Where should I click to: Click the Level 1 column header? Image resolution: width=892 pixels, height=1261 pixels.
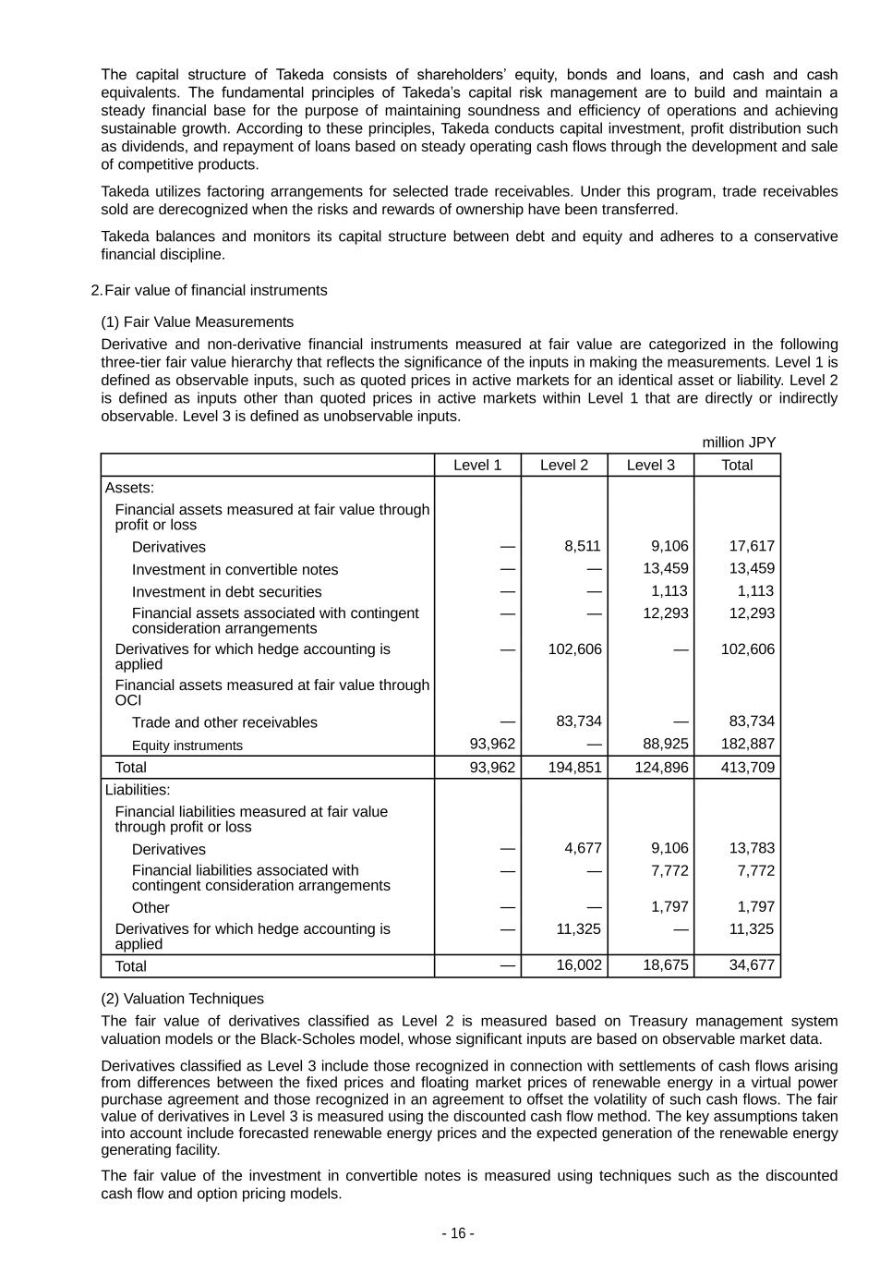(477, 465)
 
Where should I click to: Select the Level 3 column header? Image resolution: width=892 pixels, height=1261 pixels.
(650, 465)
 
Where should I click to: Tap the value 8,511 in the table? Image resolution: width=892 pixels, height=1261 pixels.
(582, 546)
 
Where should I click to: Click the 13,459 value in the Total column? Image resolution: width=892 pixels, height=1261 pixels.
(751, 568)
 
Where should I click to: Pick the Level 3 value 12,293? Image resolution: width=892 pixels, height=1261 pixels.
(665, 613)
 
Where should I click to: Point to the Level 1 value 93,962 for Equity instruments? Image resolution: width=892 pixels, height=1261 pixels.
(492, 744)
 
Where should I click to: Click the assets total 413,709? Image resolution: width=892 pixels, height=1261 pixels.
(747, 767)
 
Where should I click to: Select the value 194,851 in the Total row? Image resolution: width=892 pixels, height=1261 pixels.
(574, 767)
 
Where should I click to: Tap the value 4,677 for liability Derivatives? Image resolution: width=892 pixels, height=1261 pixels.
(583, 848)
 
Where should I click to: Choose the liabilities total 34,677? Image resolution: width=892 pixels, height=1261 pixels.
(751, 965)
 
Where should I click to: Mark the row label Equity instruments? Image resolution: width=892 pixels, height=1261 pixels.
(187, 746)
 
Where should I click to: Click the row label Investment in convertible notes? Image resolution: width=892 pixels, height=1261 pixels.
(235, 570)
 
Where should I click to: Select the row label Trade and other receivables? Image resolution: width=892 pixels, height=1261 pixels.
(224, 722)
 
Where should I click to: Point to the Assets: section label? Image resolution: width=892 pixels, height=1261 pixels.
(129, 488)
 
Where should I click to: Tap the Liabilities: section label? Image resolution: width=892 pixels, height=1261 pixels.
(138, 790)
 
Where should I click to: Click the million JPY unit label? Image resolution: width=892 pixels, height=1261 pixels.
(739, 443)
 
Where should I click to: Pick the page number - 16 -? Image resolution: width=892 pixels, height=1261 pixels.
(458, 1233)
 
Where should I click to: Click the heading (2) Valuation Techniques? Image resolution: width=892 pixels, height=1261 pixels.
(182, 999)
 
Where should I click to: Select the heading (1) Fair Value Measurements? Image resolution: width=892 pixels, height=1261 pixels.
(197, 321)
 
